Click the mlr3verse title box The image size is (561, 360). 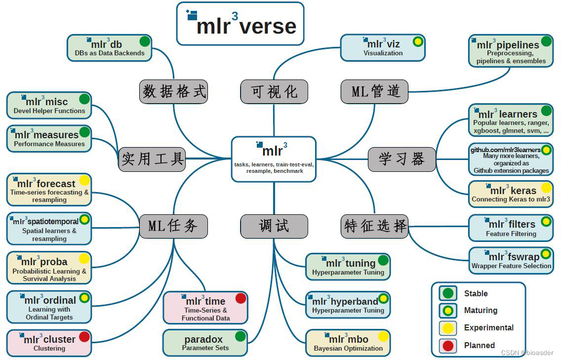pyautogui.click(x=240, y=24)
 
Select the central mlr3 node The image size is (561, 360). pyautogui.click(x=274, y=159)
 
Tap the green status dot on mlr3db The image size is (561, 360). pyautogui.click(x=145, y=41)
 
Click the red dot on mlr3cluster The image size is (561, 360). pyautogui.click(x=84, y=337)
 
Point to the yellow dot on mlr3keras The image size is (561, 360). pyautogui.click(x=546, y=188)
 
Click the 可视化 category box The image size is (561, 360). pyautogui.click(x=274, y=91)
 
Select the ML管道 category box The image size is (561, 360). pyautogui.click(x=375, y=91)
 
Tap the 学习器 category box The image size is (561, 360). pyautogui.click(x=401, y=159)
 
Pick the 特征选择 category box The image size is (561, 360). pyautogui.click(x=375, y=226)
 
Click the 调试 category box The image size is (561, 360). pyautogui.click(x=274, y=226)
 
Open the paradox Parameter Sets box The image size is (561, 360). pyautogui.click(x=205, y=343)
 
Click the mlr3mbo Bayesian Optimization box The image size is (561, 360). pyautogui.click(x=348, y=343)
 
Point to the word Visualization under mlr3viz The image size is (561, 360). pyautogui.click(x=383, y=53)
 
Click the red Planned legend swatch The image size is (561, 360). pyautogui.click(x=448, y=346)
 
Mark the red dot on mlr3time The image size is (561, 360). pyautogui.click(x=240, y=298)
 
